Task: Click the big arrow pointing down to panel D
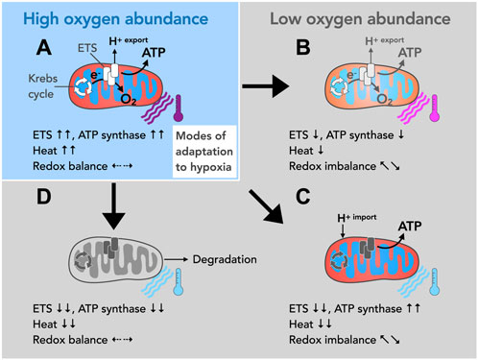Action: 116,206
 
